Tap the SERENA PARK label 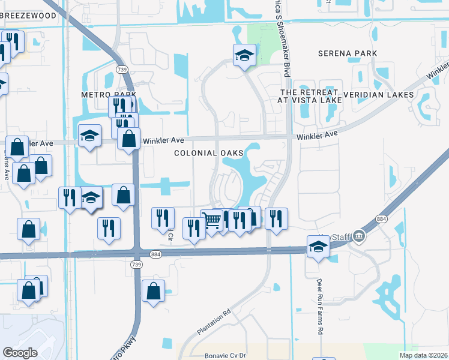click(348, 53)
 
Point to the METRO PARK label click(109, 95)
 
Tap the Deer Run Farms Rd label click(320, 311)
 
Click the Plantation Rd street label click(214, 322)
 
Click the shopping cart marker click(212, 221)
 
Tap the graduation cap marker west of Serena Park click(244, 56)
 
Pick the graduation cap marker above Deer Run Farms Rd click(318, 246)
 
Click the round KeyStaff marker click(359, 235)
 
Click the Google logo click(20, 352)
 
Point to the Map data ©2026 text click(423, 355)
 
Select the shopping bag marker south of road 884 click(154, 292)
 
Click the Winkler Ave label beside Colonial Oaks click(163, 140)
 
